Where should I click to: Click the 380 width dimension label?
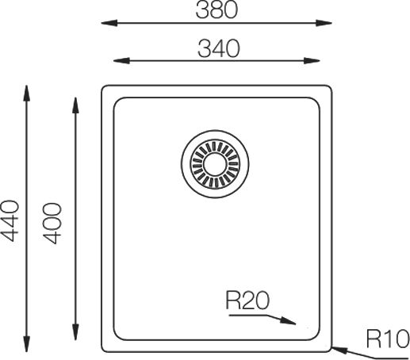(216, 10)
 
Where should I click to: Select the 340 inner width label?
(219, 48)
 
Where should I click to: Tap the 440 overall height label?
(10, 221)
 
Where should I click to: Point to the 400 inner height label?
(52, 223)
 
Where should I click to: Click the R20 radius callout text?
(247, 301)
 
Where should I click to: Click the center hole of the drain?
(215, 164)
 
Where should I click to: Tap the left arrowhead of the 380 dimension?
(109, 23)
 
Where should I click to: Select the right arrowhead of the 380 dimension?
(324, 23)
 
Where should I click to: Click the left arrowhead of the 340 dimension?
(121, 61)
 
